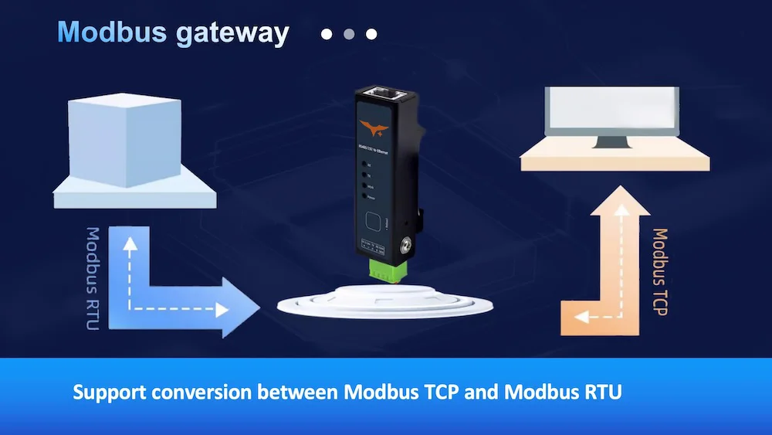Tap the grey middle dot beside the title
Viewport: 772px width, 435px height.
click(349, 34)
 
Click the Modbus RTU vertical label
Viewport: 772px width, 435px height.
click(93, 278)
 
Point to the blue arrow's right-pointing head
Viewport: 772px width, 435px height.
click(243, 309)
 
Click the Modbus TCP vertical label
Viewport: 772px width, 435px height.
click(659, 270)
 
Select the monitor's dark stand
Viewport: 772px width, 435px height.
click(612, 141)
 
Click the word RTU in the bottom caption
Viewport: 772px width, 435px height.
click(604, 393)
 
